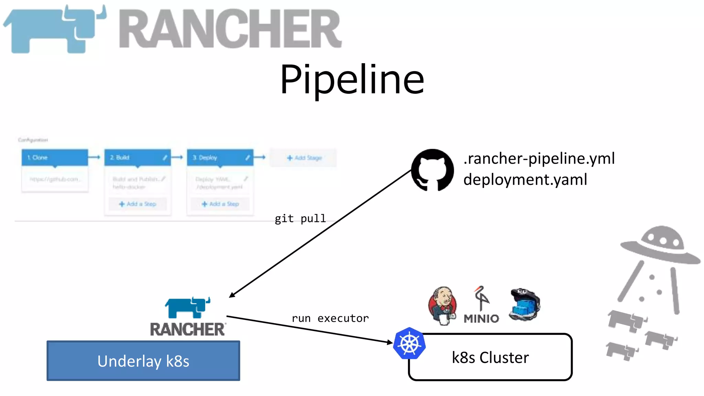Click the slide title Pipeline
coord(352,80)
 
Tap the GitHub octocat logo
coord(432,170)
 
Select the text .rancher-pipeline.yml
coord(539,158)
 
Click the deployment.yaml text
coord(525,180)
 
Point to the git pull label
coord(300,219)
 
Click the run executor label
coord(330,318)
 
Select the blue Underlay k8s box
coord(143,361)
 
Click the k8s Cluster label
coord(490,357)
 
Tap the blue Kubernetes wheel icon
coord(409,343)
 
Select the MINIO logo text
coord(481,319)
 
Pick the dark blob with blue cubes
coord(525,304)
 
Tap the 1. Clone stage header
coord(55,157)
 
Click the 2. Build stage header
coord(137,157)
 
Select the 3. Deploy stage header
coord(220,157)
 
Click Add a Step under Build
coord(137,204)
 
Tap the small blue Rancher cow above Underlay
coord(188,307)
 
